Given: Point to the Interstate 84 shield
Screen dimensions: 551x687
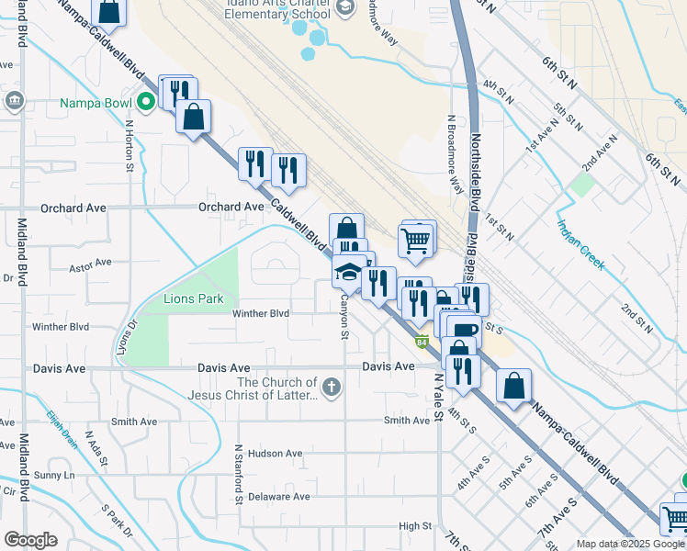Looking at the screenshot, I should pos(421,342).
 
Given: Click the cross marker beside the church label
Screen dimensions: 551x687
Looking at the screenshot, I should pos(331,388).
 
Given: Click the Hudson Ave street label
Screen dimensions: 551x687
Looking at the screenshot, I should pos(275,454).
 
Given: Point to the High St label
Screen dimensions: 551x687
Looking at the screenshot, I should pos(414,526).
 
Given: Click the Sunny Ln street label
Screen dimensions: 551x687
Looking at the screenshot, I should pos(54,475).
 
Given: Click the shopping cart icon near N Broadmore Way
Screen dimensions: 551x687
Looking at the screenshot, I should pos(416,241).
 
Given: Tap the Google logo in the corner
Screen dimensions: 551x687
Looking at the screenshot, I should pos(31,539).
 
